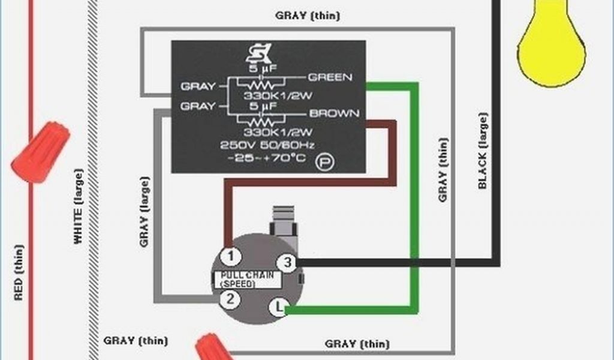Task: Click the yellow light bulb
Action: (x=551, y=45)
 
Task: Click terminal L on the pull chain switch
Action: (x=278, y=308)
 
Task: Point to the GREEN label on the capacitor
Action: (x=330, y=77)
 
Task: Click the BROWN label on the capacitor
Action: (x=334, y=113)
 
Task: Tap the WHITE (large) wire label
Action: (x=78, y=207)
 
